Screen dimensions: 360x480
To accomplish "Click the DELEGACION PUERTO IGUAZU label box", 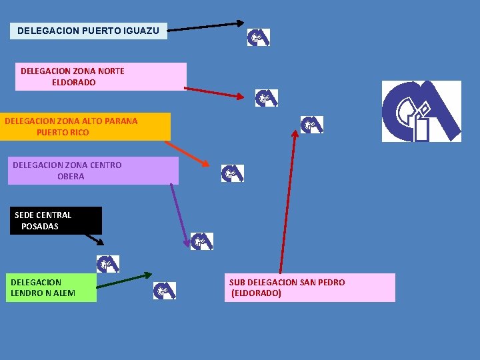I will tap(88, 31).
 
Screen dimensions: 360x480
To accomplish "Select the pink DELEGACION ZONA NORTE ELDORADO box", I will tap(101, 77).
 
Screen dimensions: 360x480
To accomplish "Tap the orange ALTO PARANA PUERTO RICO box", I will tap(85, 127).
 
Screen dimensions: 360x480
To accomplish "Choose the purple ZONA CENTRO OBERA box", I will tap(95, 171).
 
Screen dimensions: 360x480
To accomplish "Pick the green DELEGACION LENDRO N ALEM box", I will tap(51, 288).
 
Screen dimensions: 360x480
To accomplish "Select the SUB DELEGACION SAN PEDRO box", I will tap(309, 288).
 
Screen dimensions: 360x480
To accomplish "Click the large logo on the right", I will tap(421, 111).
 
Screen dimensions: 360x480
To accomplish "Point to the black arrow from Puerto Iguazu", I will tap(205, 27).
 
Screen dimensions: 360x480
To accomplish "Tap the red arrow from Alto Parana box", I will tap(187, 153).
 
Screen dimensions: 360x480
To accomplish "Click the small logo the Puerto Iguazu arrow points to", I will tap(259, 37).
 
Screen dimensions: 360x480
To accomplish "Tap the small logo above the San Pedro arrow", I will tap(311, 125).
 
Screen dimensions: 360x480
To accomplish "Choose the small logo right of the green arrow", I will tap(164, 291).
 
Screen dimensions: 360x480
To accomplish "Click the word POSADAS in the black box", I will tap(40, 227).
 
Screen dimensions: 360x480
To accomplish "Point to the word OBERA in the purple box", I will tap(71, 177).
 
